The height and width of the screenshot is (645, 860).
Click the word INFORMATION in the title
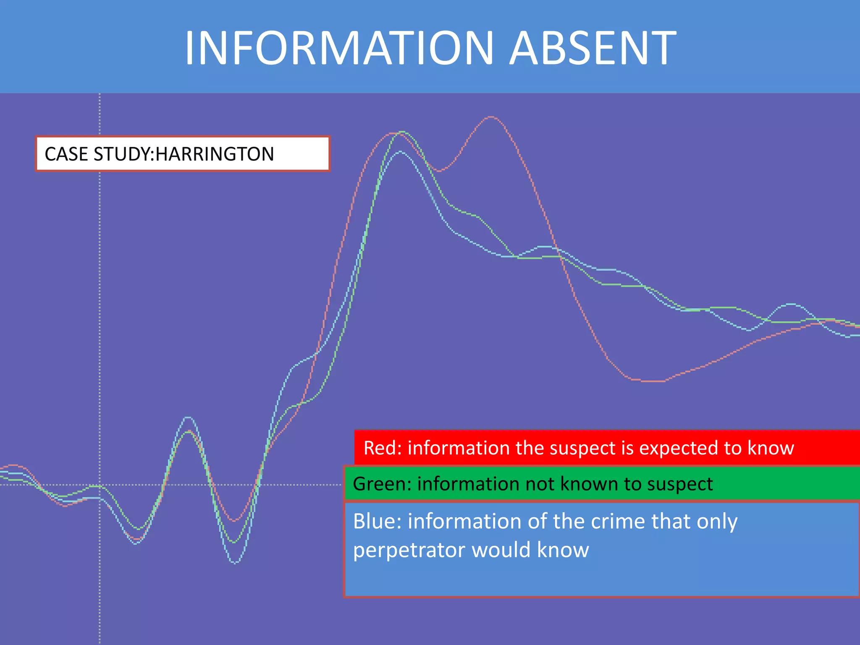[338, 48]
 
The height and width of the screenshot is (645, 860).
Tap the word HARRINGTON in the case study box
[215, 154]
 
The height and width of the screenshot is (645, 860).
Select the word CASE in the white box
[67, 154]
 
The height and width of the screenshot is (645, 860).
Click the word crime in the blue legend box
[619, 521]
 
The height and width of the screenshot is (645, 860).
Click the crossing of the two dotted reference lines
[100, 485]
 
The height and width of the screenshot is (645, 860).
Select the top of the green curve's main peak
[403, 132]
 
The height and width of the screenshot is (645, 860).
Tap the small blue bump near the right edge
[791, 304]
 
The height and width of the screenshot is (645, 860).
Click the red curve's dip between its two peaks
[438, 171]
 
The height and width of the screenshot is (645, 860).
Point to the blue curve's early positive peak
[188, 417]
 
